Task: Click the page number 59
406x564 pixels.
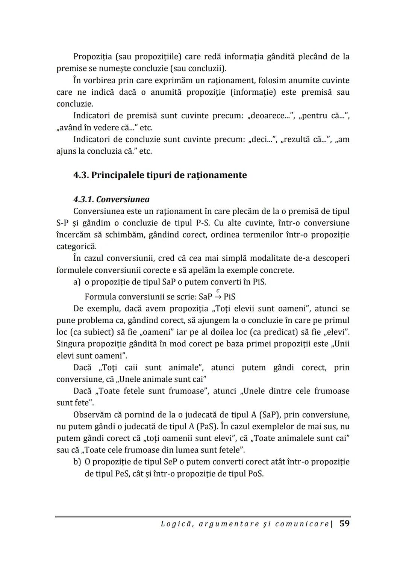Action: coord(344,523)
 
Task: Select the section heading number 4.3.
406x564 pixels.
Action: coord(81,175)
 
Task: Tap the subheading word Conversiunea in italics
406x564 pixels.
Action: coord(123,200)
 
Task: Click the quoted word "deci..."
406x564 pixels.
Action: coord(262,139)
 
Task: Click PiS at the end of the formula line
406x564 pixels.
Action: coord(229,297)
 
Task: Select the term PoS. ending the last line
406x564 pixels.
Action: coord(256,473)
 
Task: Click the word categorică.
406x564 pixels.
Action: coord(76,246)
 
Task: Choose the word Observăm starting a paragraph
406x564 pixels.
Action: coord(92,415)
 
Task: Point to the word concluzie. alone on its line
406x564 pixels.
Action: coord(75,104)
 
